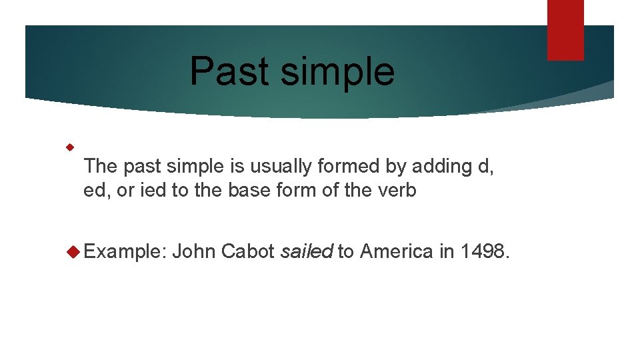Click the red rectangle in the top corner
565,30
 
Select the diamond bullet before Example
73,251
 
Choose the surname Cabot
247,251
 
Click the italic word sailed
307,251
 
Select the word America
396,251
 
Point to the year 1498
483,251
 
